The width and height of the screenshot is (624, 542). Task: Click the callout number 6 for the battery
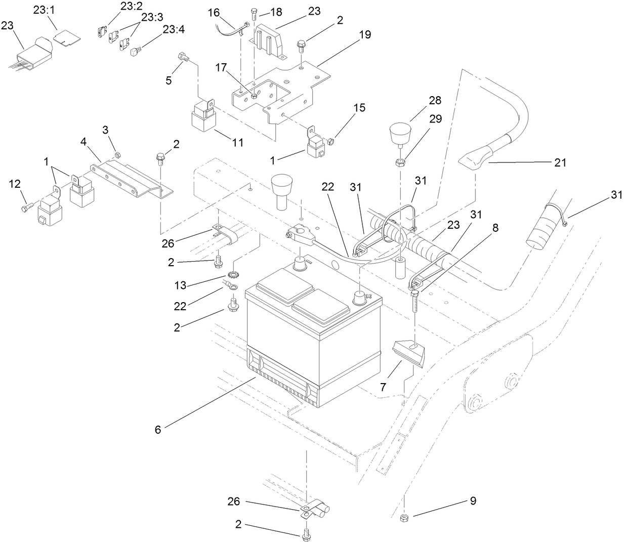(x=158, y=429)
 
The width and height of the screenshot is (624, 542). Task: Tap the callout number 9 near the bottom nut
(x=473, y=501)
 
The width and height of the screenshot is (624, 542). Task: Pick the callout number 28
(x=435, y=100)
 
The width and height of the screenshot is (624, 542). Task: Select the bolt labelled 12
(x=27, y=208)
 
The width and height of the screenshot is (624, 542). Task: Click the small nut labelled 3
(x=117, y=155)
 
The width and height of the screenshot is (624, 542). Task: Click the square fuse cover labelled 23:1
(x=64, y=36)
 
